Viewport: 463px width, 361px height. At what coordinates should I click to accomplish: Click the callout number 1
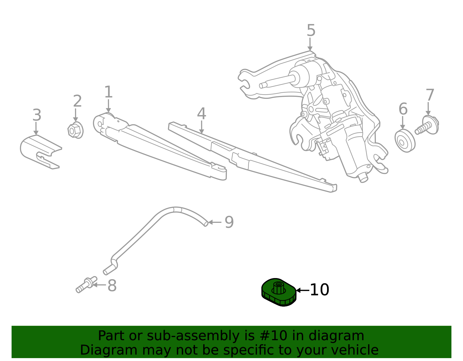pyautogui.click(x=108, y=92)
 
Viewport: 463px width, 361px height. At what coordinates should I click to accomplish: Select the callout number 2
pyautogui.click(x=77, y=101)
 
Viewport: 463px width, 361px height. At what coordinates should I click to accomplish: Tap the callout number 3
pyautogui.click(x=37, y=115)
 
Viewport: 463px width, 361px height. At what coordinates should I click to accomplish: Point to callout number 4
pyautogui.click(x=201, y=114)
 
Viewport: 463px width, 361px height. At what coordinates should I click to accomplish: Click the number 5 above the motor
pyautogui.click(x=311, y=31)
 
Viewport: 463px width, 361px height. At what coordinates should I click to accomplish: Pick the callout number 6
pyautogui.click(x=403, y=109)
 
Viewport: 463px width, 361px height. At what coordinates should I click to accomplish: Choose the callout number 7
pyautogui.click(x=430, y=95)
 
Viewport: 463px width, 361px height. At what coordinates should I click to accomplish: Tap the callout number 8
pyautogui.click(x=112, y=286)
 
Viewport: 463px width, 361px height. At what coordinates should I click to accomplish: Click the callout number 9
pyautogui.click(x=229, y=222)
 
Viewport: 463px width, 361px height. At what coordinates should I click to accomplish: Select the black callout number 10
pyautogui.click(x=319, y=290)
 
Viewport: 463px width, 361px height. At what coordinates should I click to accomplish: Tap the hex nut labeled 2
pyautogui.click(x=75, y=130)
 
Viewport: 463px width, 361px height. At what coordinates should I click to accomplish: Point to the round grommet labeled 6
pyautogui.click(x=405, y=141)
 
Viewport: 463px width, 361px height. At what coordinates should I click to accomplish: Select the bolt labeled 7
pyautogui.click(x=427, y=126)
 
